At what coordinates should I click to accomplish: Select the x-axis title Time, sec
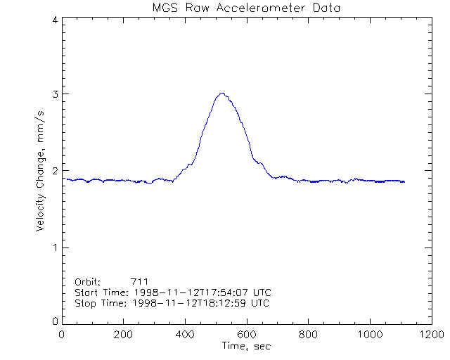coord(245,346)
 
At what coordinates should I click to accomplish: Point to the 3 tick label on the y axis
coord(54,94)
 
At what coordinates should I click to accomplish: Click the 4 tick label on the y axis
coord(54,20)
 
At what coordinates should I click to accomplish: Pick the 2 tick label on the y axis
coord(54,171)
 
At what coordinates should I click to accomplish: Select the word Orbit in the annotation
coord(87,281)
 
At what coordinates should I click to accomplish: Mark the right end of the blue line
coord(404,182)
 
